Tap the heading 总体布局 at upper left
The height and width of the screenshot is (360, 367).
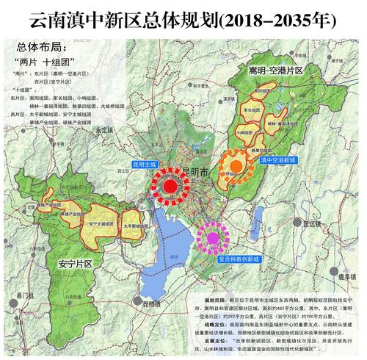click(37, 46)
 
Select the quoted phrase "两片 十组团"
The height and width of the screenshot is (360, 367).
click(46, 62)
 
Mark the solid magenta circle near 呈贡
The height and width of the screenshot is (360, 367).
click(213, 237)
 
